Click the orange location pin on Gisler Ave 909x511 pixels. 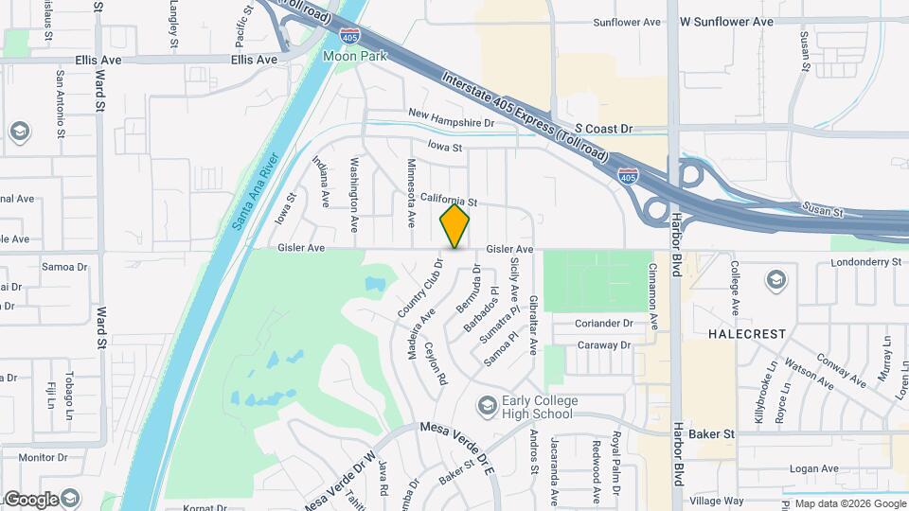(455, 226)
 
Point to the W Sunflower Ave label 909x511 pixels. (726, 22)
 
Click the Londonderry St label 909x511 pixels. (867, 262)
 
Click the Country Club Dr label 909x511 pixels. (421, 289)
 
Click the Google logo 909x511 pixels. (30, 499)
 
